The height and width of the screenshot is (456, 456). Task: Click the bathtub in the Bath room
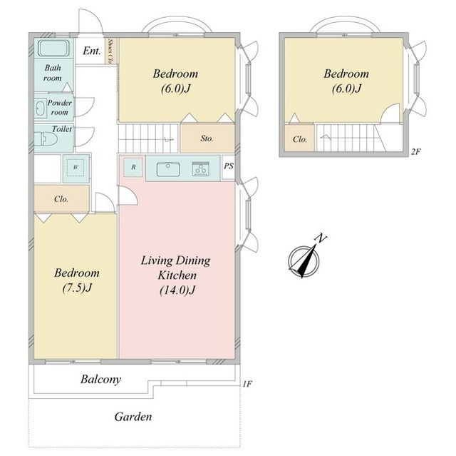point(54,49)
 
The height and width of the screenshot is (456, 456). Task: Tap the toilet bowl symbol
point(46,139)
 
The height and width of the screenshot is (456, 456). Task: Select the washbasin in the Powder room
point(41,108)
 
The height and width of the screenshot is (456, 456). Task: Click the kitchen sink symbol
point(168,169)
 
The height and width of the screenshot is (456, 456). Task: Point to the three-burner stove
point(200,169)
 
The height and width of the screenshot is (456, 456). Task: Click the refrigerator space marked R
point(133,167)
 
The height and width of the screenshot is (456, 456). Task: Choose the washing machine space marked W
point(76,167)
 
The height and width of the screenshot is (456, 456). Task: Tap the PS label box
point(229,166)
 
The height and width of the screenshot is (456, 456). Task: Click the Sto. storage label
point(207,138)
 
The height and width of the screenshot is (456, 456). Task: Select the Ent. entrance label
point(92,51)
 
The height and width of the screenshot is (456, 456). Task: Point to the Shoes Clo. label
point(110,51)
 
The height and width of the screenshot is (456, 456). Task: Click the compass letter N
point(321,238)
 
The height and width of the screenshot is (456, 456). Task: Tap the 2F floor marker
point(415,151)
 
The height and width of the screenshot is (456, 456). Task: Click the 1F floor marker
point(247,384)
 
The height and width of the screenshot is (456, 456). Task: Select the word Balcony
point(100,380)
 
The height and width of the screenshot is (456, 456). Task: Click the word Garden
point(133,417)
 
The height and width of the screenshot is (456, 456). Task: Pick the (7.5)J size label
point(77,288)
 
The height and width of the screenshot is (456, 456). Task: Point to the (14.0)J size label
point(177,290)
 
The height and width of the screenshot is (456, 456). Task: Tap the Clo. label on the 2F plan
point(299,139)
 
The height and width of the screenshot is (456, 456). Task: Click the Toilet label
point(62,128)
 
